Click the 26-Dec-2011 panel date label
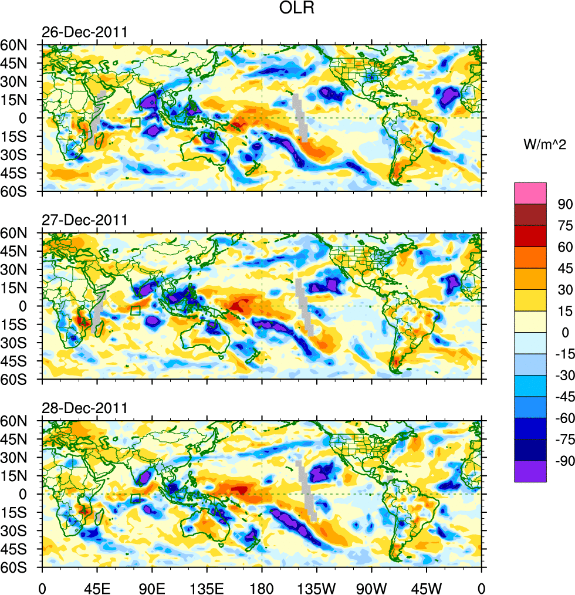tap(84, 32)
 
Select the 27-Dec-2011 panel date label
tap(84, 221)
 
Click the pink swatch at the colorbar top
tap(530, 192)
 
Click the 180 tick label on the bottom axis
tap(262, 587)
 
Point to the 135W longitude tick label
tap(317, 587)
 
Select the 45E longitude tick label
tap(97, 587)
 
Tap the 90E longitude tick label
tap(152, 587)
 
